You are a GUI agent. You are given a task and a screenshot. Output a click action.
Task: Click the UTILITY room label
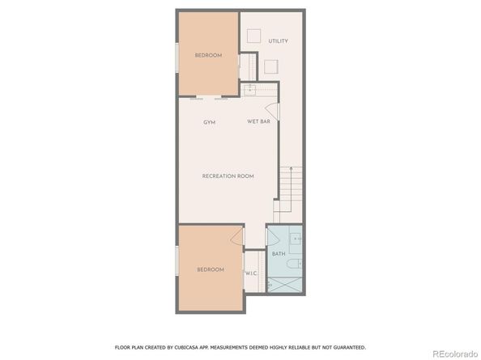tap(278, 41)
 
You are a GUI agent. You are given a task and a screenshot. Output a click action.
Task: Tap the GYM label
tap(210, 121)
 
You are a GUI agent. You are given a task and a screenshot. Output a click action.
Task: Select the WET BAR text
tap(258, 121)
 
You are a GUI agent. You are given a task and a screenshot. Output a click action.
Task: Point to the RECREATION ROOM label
tap(228, 176)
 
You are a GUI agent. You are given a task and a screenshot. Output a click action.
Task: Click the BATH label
tap(278, 254)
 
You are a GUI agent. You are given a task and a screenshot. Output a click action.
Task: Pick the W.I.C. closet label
tap(251, 273)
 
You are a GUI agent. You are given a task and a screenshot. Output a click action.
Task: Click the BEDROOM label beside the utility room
tap(208, 55)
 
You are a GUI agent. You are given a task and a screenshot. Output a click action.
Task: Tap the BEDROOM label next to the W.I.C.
tap(210, 269)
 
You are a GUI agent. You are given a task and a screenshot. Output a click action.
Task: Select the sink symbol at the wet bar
tap(251, 88)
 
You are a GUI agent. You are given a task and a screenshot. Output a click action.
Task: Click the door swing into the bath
tap(274, 239)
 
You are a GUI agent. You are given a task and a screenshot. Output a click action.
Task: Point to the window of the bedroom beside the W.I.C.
tap(177, 265)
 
